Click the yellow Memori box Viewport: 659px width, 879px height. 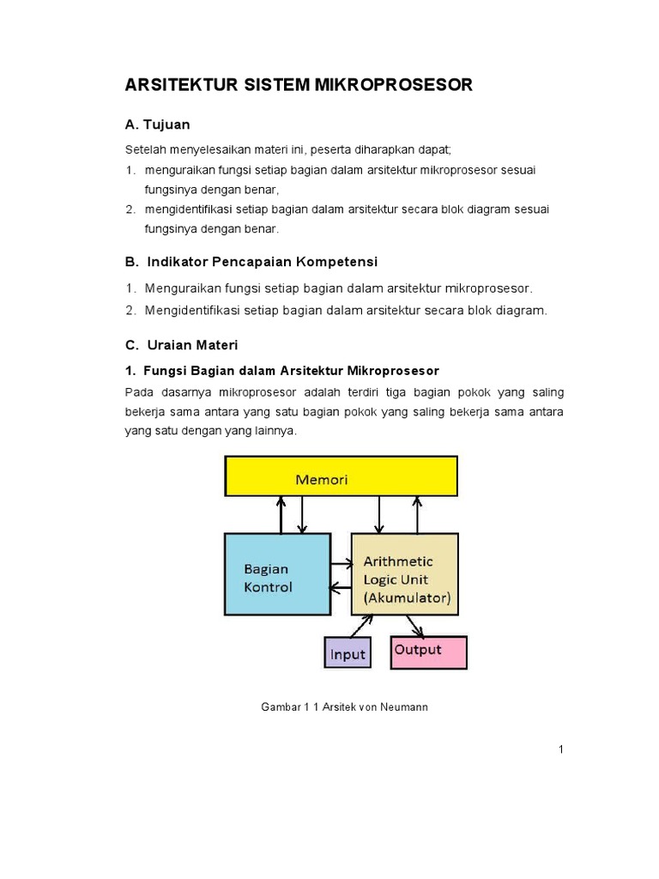click(x=341, y=476)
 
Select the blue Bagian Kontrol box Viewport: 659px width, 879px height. click(x=277, y=573)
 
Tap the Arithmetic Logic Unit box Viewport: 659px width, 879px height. click(x=404, y=573)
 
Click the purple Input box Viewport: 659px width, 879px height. click(x=348, y=653)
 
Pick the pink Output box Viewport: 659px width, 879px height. click(x=428, y=652)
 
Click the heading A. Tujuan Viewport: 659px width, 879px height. click(x=158, y=124)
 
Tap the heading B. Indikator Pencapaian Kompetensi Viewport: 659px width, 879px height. click(x=251, y=261)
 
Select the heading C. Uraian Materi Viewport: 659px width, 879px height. click(x=181, y=345)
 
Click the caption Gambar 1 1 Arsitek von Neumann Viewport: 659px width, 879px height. click(x=344, y=707)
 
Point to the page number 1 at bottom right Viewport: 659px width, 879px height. click(x=560, y=749)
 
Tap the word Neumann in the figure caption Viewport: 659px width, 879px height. click(x=408, y=707)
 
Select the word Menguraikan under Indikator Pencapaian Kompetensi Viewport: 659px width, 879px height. click(x=183, y=288)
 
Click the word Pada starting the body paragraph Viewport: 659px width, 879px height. click(x=139, y=392)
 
